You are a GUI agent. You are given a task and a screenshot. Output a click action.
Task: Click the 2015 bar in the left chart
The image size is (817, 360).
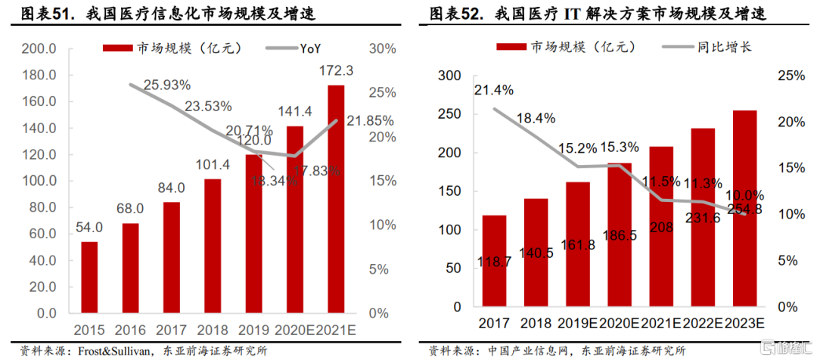[89, 277]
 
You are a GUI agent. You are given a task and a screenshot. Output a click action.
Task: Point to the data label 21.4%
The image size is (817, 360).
[494, 90]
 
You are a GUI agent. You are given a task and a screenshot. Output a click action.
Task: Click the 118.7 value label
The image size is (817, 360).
[497, 262]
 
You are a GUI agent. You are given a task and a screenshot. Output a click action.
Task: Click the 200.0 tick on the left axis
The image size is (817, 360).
[37, 49]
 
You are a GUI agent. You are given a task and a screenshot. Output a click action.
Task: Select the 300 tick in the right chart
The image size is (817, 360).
[449, 76]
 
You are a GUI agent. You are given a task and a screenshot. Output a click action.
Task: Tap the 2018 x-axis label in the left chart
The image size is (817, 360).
[213, 330]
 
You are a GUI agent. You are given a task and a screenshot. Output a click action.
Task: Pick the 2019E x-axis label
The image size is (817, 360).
[577, 324]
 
